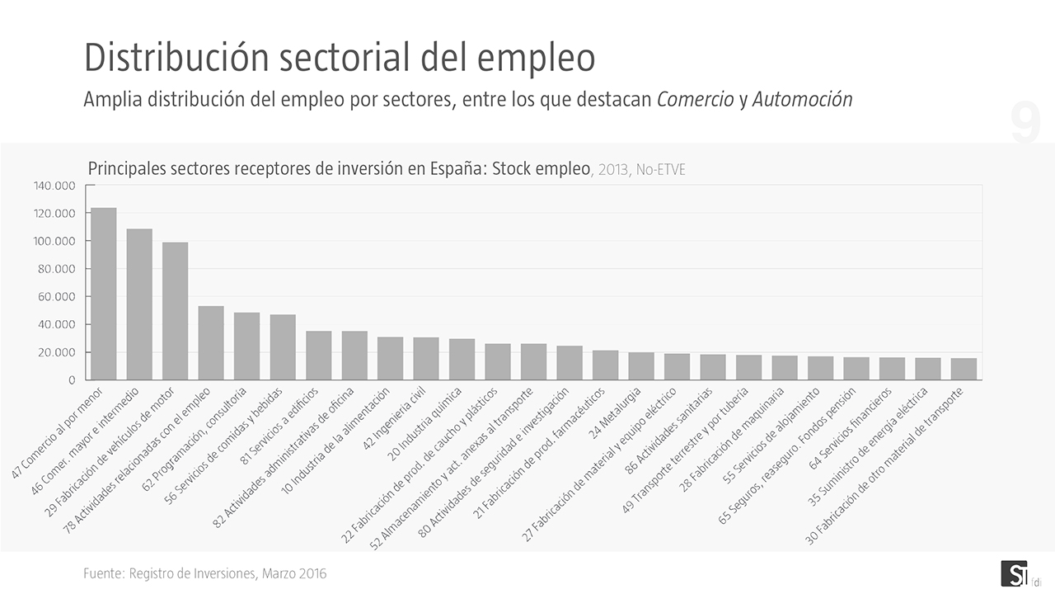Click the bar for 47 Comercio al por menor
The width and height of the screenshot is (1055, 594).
point(103,294)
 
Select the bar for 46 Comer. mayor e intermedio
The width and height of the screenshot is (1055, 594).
point(139,304)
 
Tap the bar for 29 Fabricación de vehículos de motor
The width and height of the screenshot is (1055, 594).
point(175,311)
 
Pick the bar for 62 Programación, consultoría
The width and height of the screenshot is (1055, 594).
point(246,346)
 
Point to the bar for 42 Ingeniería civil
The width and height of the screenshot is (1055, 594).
point(426,359)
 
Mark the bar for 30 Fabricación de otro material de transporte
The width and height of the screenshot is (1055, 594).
point(964,369)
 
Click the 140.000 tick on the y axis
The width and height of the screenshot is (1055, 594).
point(54,186)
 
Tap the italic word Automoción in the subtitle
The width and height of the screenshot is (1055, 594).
point(802,100)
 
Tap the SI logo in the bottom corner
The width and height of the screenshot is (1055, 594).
point(1012,573)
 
